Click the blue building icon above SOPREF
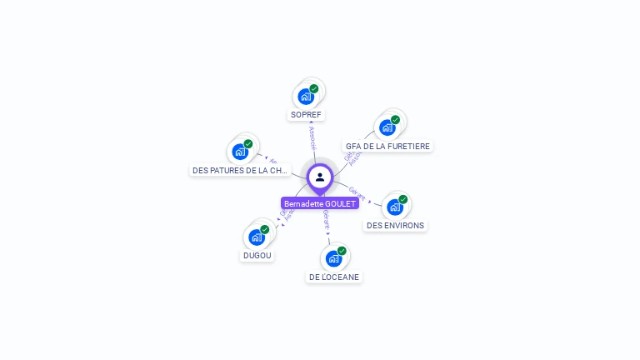[306, 97]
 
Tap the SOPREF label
[306, 114]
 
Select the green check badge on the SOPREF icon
[314, 88]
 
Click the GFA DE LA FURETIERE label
[387, 146]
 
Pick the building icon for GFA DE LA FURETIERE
[387, 127]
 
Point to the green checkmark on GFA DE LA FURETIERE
[396, 119]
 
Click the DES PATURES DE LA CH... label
[240, 170]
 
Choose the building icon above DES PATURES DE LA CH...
[240, 152]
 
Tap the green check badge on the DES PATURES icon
[248, 143]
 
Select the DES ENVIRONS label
[395, 225]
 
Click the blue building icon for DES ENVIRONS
[395, 207]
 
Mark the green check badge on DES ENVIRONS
[403, 199]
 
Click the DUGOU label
[257, 256]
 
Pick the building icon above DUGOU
[257, 237]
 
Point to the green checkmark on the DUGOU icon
[265, 229]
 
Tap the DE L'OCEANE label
[334, 277]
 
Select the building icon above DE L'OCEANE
[333, 258]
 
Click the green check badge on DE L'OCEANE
[342, 251]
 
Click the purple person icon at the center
[320, 177]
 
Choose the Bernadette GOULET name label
[320, 203]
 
